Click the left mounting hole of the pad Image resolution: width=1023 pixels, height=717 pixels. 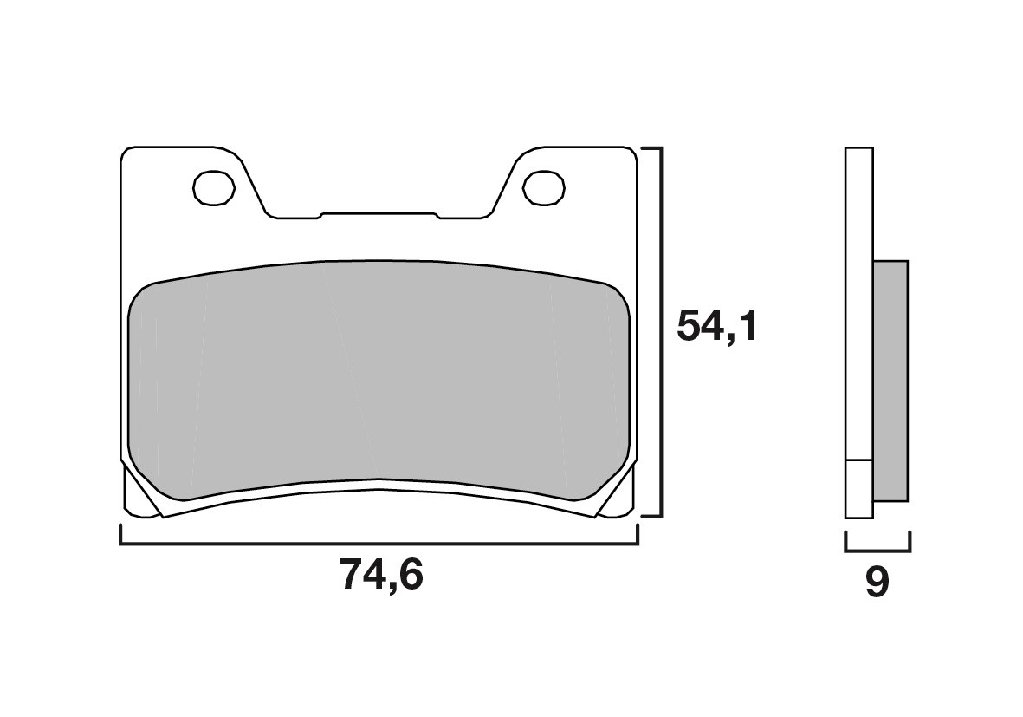click(214, 188)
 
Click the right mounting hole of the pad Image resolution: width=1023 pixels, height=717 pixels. click(544, 188)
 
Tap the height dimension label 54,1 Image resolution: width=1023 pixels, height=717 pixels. click(716, 326)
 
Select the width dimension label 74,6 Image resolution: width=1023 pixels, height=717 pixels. click(381, 575)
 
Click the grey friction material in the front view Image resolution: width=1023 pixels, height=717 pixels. click(379, 381)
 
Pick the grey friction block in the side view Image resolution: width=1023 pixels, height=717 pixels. click(890, 380)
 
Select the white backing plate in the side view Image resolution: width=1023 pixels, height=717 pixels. click(858, 303)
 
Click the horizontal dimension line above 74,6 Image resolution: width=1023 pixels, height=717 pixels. click(379, 544)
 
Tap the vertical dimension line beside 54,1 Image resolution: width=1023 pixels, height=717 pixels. click(662, 332)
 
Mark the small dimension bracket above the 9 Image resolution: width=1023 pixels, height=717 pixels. click(877, 550)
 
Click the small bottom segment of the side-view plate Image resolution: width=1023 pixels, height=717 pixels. click(858, 488)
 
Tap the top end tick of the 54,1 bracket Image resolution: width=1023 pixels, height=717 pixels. click(651, 148)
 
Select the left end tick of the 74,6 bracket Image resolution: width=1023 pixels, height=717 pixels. click(120, 535)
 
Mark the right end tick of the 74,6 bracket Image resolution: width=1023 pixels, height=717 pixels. click(638, 535)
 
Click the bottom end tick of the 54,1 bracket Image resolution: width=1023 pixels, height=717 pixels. click(651, 517)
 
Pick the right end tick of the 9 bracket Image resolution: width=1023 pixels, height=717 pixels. click(910, 542)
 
